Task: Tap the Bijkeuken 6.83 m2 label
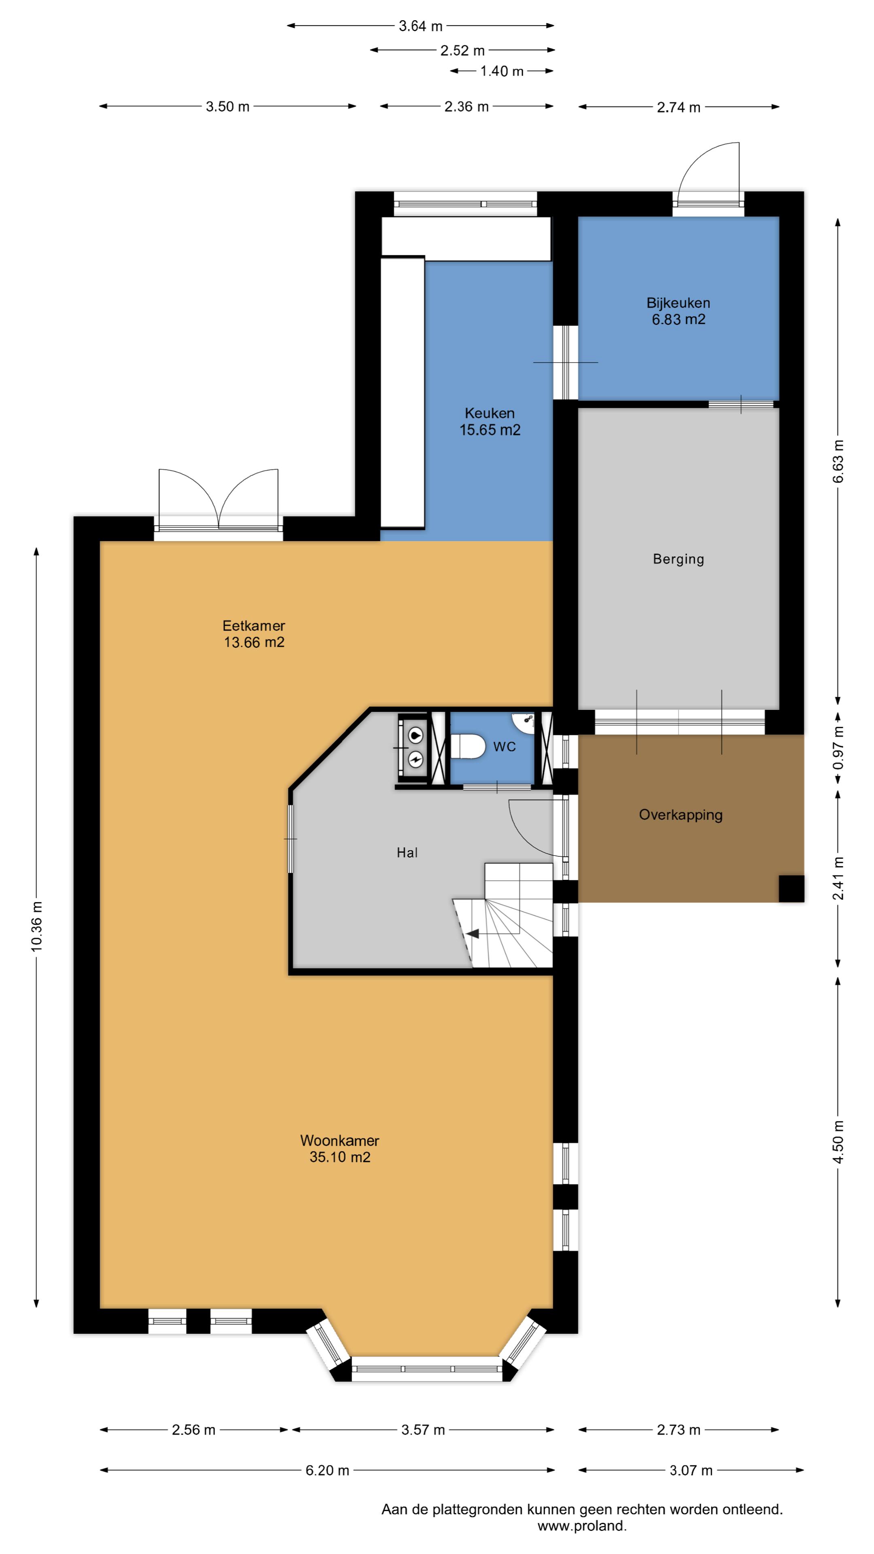point(678,311)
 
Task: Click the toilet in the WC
point(467,746)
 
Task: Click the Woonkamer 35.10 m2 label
point(339,1149)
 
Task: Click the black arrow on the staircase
point(472,934)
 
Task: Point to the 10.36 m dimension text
point(37,927)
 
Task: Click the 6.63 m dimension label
point(838,461)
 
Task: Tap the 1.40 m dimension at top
point(501,71)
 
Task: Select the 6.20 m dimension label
point(327,1470)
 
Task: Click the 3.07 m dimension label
point(691,1470)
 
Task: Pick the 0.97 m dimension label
point(838,748)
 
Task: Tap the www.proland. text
point(582,1526)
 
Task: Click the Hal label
point(407,852)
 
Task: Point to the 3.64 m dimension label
point(420,26)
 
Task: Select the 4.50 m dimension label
point(838,1143)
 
